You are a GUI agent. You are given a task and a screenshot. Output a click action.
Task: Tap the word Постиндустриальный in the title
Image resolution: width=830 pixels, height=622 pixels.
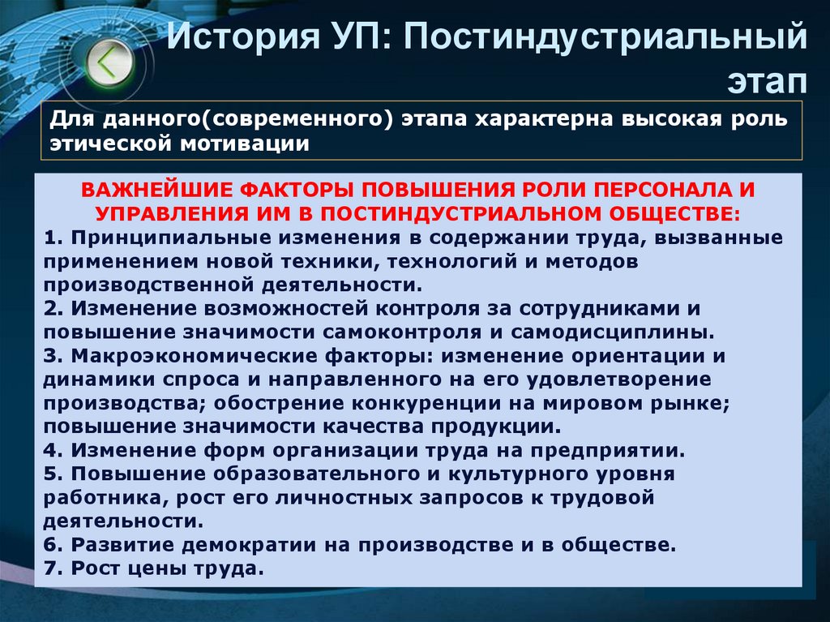click(x=601, y=38)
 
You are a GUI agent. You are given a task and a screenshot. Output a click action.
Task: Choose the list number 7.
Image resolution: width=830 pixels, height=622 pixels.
click(x=51, y=568)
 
